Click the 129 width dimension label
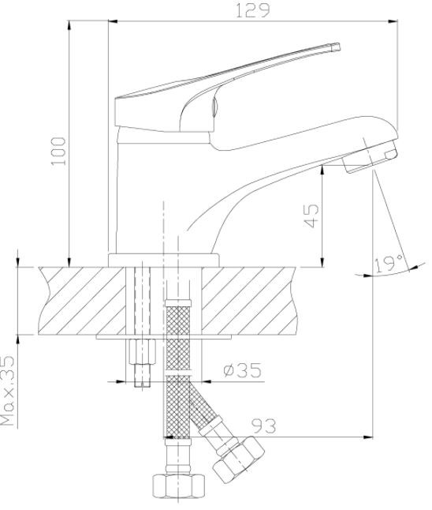click(252, 10)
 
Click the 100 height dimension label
click(58, 151)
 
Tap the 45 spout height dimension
click(311, 216)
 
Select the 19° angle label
click(389, 264)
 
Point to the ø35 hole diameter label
click(242, 370)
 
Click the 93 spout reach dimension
click(264, 426)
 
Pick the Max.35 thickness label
click(8, 391)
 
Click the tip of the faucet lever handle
click(337, 47)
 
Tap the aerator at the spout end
click(371, 158)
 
